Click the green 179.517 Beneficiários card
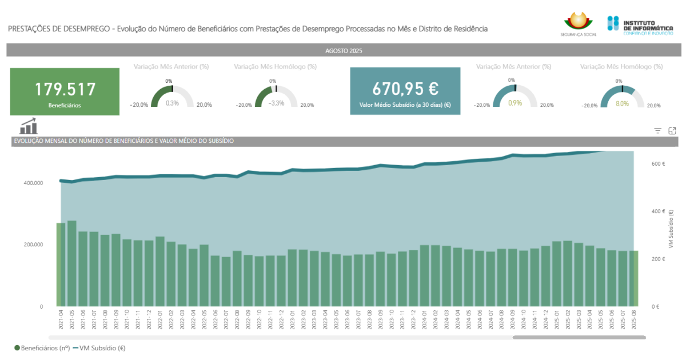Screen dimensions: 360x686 tap(65, 91)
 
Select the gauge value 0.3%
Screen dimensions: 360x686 tap(172, 103)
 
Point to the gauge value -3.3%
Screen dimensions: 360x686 tap(277, 103)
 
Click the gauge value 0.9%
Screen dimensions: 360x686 tap(515, 103)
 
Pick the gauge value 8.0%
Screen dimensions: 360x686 tap(623, 103)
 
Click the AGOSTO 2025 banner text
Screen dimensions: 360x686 tap(344, 51)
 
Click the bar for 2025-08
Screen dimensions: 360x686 tap(633, 278)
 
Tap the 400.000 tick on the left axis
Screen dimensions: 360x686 tap(33, 183)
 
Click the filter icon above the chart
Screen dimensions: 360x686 tap(658, 131)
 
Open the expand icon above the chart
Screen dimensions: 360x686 tap(672, 131)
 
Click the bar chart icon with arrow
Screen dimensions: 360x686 tap(29, 126)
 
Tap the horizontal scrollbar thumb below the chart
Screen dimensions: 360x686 tap(579, 338)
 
